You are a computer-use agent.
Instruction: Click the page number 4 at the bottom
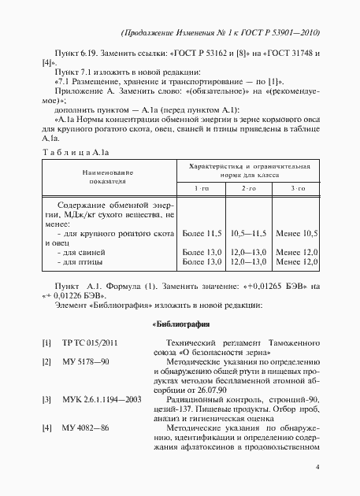pos(317,467)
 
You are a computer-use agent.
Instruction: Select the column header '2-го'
pos(248,190)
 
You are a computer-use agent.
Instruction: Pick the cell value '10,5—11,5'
pos(248,234)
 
